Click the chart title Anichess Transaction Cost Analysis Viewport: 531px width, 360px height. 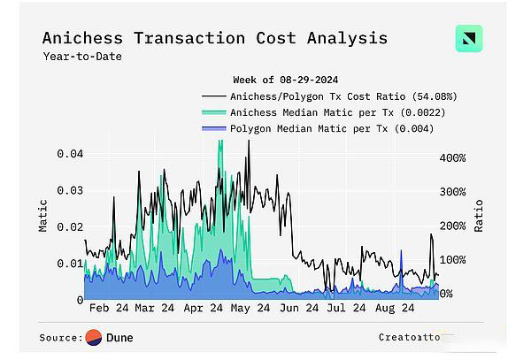click(214, 38)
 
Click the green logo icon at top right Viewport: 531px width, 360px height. click(468, 39)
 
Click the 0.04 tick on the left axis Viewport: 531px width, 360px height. click(70, 154)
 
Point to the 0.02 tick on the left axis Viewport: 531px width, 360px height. click(70, 227)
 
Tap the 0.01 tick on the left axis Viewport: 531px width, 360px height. click(70, 264)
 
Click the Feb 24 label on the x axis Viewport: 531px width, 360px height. click(109, 309)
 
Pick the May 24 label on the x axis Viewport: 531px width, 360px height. click(250, 309)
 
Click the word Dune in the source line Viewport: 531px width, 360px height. click(119, 337)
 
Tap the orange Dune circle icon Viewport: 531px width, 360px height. click(94, 337)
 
